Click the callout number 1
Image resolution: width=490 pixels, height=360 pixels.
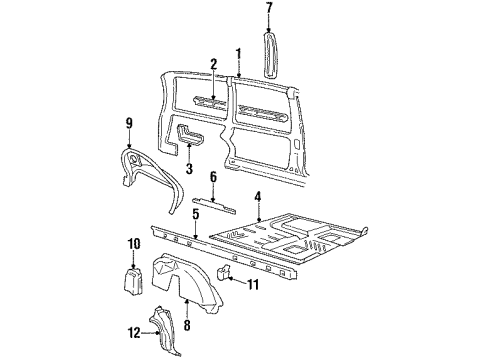click(x=238, y=53)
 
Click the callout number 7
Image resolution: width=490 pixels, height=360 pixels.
click(x=268, y=11)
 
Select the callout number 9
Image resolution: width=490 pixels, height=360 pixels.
click(x=128, y=125)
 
